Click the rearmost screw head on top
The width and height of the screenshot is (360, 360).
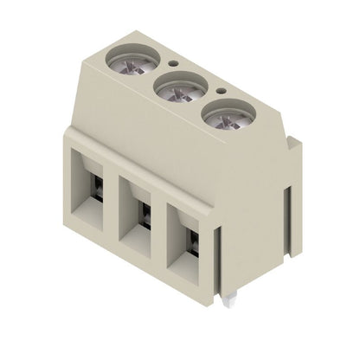[134, 60]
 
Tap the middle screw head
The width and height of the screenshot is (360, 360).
[180, 88]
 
